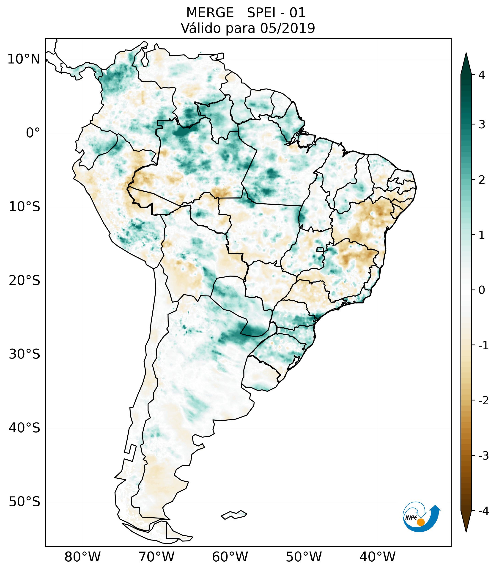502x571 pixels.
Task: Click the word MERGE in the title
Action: pyautogui.click(x=210, y=13)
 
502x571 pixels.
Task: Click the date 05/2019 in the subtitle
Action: pyautogui.click(x=288, y=28)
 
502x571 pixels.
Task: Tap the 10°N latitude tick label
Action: pyautogui.click(x=24, y=59)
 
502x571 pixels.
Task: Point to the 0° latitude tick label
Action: pyautogui.click(x=33, y=133)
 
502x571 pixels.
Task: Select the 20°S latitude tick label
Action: pyautogui.click(x=25, y=281)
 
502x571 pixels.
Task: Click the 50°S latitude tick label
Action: pyautogui.click(x=25, y=502)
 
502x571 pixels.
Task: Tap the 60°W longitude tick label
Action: pyautogui.click(x=230, y=557)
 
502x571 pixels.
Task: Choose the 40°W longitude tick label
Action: pyautogui.click(x=377, y=557)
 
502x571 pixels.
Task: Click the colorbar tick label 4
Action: pyautogui.click(x=482, y=75)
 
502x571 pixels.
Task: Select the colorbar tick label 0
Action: pyautogui.click(x=482, y=290)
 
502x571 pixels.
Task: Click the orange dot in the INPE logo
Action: pyautogui.click(x=421, y=522)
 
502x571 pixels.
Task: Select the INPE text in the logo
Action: pyautogui.click(x=411, y=518)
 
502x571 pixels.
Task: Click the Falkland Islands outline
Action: pyautogui.click(x=234, y=515)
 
